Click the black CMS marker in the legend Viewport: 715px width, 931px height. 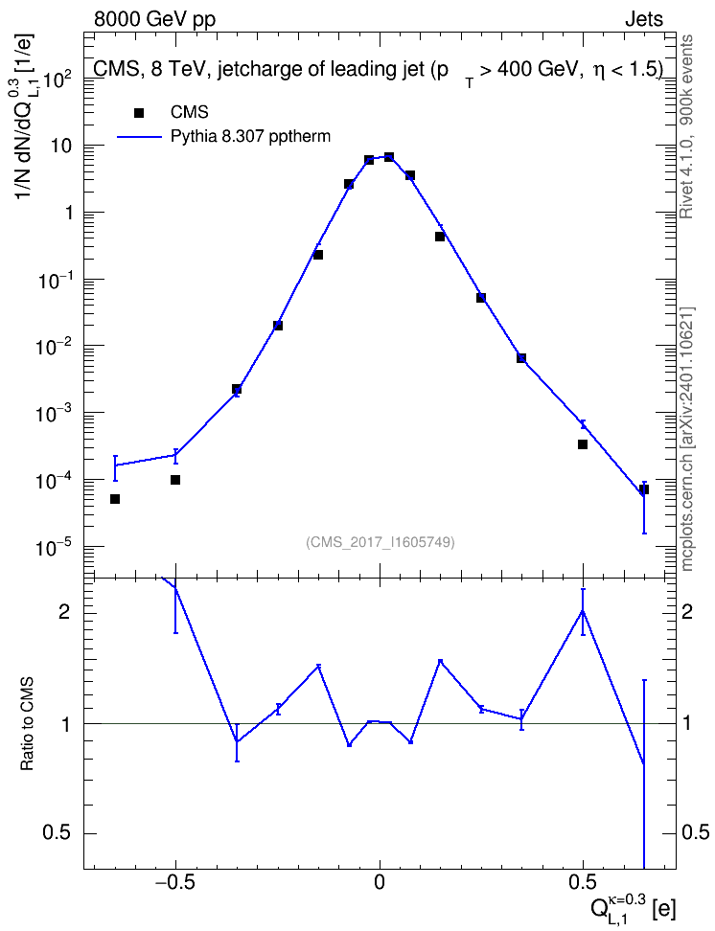click(x=139, y=113)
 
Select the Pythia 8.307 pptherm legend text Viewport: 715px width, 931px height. click(x=250, y=137)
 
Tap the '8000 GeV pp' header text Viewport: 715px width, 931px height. click(x=154, y=19)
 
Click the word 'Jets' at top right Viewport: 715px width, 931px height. click(x=643, y=19)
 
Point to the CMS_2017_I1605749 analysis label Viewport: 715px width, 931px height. click(x=380, y=542)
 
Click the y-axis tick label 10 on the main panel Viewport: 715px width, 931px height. click(x=61, y=146)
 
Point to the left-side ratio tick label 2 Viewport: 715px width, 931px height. click(x=63, y=613)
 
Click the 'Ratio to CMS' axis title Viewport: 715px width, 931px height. click(x=27, y=724)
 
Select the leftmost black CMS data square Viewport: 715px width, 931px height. click(x=115, y=499)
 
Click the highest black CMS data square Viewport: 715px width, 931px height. click(x=389, y=157)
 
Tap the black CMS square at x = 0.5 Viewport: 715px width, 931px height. click(x=583, y=444)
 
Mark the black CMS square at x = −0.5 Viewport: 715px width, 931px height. click(x=175, y=480)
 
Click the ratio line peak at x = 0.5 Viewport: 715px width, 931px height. click(x=583, y=610)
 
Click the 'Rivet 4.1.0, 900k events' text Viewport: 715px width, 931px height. click(x=687, y=126)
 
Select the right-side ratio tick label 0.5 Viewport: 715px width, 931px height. click(x=695, y=833)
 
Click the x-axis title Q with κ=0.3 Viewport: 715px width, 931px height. click(x=633, y=906)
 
